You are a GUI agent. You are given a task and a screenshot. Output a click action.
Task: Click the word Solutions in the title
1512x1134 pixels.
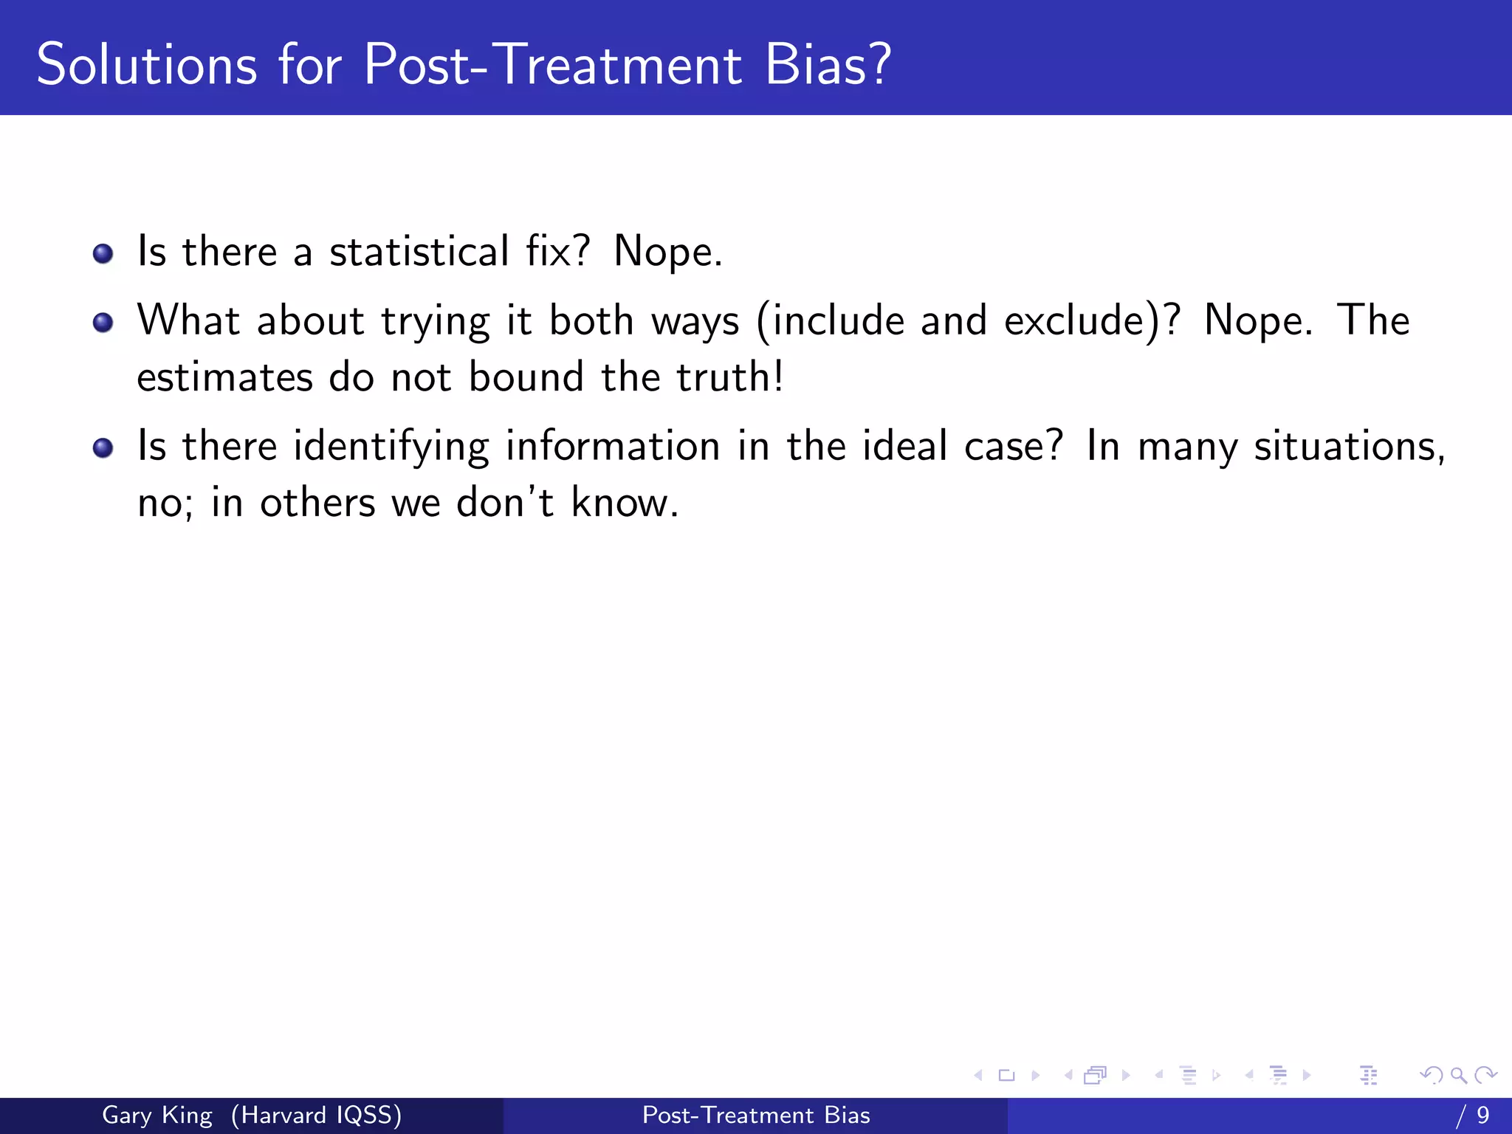(x=147, y=65)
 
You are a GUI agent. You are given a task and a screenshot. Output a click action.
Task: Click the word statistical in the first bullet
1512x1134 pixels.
(x=419, y=252)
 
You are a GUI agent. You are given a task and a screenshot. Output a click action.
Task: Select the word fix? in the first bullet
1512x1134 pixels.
(x=558, y=252)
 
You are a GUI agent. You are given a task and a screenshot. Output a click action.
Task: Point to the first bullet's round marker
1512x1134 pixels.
(x=103, y=254)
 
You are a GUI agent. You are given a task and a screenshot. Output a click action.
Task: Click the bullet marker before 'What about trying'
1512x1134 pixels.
(x=103, y=323)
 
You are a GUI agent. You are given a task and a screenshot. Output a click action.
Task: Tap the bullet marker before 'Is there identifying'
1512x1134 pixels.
(x=103, y=448)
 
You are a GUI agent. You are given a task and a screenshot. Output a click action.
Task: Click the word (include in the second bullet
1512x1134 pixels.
(x=830, y=321)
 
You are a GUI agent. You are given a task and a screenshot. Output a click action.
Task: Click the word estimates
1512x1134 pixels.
(x=224, y=379)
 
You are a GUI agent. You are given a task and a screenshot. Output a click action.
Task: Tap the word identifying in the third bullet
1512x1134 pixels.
(x=391, y=447)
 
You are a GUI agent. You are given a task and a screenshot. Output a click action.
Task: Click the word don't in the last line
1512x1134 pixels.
(x=505, y=504)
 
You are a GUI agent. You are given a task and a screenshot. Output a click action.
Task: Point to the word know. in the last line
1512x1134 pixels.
(x=625, y=504)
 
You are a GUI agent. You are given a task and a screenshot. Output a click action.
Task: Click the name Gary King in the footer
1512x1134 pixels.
(x=157, y=1115)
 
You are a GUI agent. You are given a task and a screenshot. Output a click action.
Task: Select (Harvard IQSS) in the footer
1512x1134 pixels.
(x=316, y=1115)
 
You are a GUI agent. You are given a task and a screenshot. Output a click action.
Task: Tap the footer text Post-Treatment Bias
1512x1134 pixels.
(x=756, y=1115)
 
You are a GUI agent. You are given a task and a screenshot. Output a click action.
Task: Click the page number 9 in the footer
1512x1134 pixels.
(x=1482, y=1115)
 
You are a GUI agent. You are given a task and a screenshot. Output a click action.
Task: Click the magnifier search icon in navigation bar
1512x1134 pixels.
(x=1458, y=1075)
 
